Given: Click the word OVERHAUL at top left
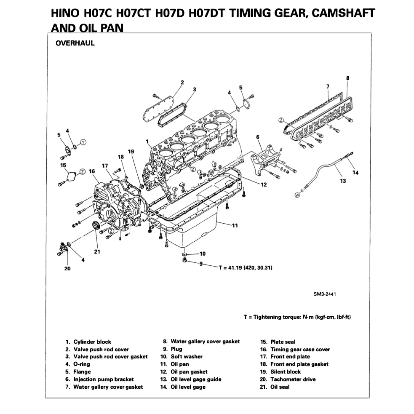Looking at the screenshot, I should tap(75, 43).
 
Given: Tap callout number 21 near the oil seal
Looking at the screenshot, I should tap(97, 252).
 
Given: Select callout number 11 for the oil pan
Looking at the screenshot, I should tap(235, 226).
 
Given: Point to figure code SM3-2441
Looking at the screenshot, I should tap(324, 294).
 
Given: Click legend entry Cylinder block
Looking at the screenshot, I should tap(92, 342).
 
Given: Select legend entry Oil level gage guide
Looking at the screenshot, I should tap(196, 379).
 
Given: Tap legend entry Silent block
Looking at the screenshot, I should tap(286, 371).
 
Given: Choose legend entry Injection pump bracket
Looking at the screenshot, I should tap(104, 379).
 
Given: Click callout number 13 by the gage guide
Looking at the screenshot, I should tap(343, 181).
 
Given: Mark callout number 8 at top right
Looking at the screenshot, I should tap(347, 78).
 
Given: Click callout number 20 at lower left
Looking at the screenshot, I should tap(67, 268).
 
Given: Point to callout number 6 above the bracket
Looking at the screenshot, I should tap(258, 137).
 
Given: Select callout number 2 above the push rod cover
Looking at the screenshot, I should tap(182, 82).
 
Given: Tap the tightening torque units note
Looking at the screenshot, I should tap(297, 317).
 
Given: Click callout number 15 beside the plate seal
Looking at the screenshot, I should tap(63, 165).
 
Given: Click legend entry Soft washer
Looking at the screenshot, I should tap(187, 356).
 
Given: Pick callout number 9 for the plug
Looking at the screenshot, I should tap(201, 264).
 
